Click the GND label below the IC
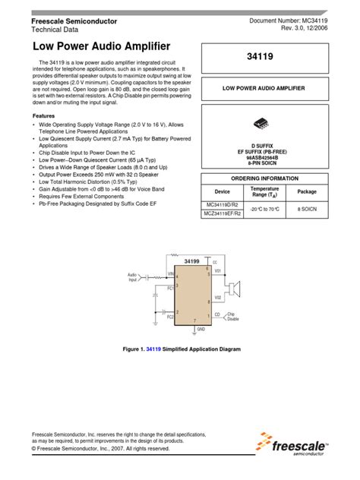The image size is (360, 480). coord(201,330)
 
